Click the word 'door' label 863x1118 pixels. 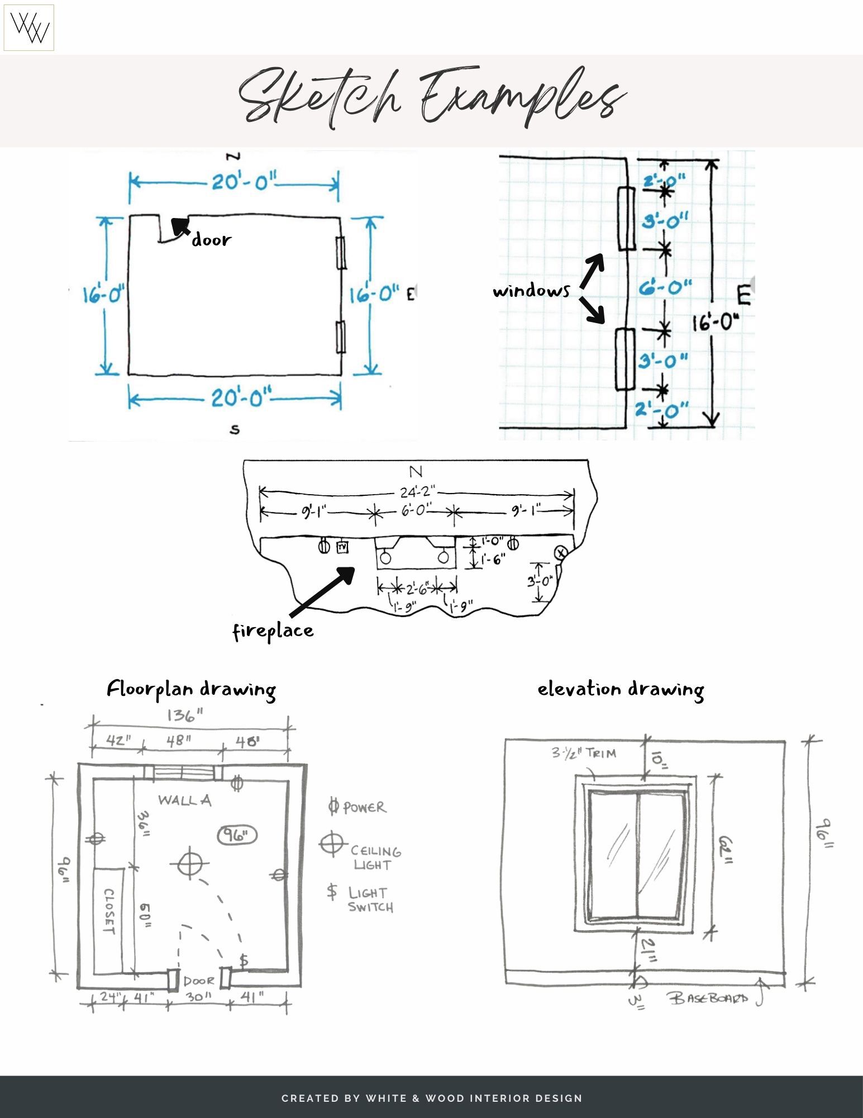click(211, 240)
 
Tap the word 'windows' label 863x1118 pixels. click(531, 291)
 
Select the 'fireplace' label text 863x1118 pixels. click(273, 631)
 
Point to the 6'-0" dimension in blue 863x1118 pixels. click(665, 288)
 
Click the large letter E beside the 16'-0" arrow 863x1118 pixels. click(743, 295)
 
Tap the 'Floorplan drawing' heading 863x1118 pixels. click(191, 689)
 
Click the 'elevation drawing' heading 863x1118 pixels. click(620, 689)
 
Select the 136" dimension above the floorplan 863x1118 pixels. click(185, 715)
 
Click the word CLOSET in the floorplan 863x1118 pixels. click(109, 912)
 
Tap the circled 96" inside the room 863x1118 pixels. click(237, 836)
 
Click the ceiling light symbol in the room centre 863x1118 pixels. click(190, 864)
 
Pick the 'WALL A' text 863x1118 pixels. click(184, 800)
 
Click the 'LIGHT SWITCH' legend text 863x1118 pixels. click(370, 899)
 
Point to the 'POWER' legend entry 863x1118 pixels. click(364, 807)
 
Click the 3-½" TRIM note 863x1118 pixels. click(584, 754)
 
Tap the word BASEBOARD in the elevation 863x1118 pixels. click(708, 998)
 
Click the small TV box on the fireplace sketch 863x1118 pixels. click(342, 547)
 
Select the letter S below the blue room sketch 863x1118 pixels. click(235, 429)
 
